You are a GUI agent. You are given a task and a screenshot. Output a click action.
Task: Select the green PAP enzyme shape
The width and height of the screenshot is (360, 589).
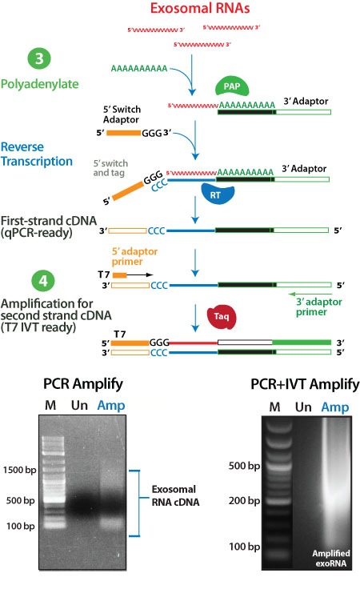click(x=232, y=86)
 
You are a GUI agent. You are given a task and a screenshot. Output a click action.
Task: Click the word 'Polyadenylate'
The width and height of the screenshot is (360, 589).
click(x=37, y=84)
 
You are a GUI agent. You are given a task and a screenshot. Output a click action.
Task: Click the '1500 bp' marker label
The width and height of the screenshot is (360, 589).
click(x=19, y=470)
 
